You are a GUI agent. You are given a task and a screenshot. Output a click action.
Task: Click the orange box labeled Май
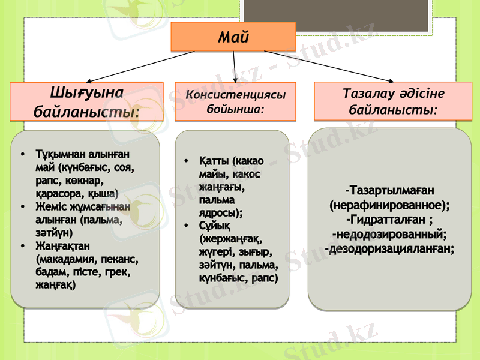point(233,37)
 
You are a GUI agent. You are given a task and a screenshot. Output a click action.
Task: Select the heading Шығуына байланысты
point(87,102)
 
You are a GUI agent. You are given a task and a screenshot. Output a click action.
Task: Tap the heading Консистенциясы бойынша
point(235,102)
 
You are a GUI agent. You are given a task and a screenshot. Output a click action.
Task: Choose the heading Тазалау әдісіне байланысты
point(392,102)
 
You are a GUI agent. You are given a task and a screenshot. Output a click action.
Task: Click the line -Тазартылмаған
point(389,190)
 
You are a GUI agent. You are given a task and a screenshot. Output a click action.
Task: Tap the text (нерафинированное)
point(389,205)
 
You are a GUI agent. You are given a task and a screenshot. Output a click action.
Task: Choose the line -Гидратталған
point(389,219)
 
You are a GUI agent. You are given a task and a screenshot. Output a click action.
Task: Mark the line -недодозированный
point(389,233)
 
